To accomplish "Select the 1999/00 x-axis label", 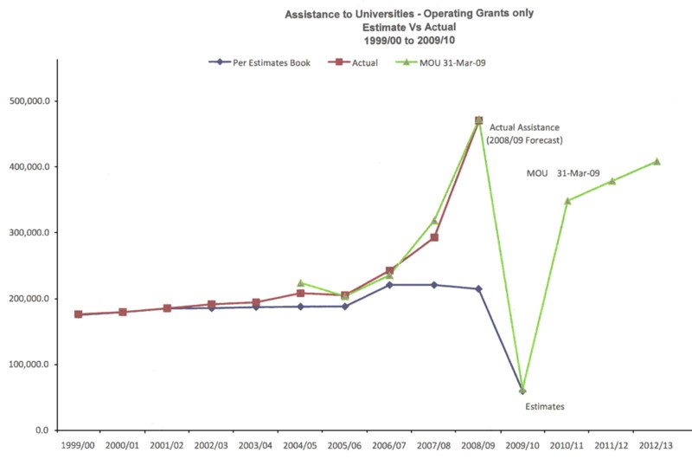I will click(78, 445).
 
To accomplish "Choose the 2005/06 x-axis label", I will click(345, 445).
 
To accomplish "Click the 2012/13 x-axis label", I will click(657, 445).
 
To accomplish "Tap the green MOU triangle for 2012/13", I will click(657, 162).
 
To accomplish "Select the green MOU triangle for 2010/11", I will click(567, 201).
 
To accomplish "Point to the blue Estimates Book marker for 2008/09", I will click(478, 288).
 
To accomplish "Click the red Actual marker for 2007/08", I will click(434, 237).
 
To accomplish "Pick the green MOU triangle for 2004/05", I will click(300, 282).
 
